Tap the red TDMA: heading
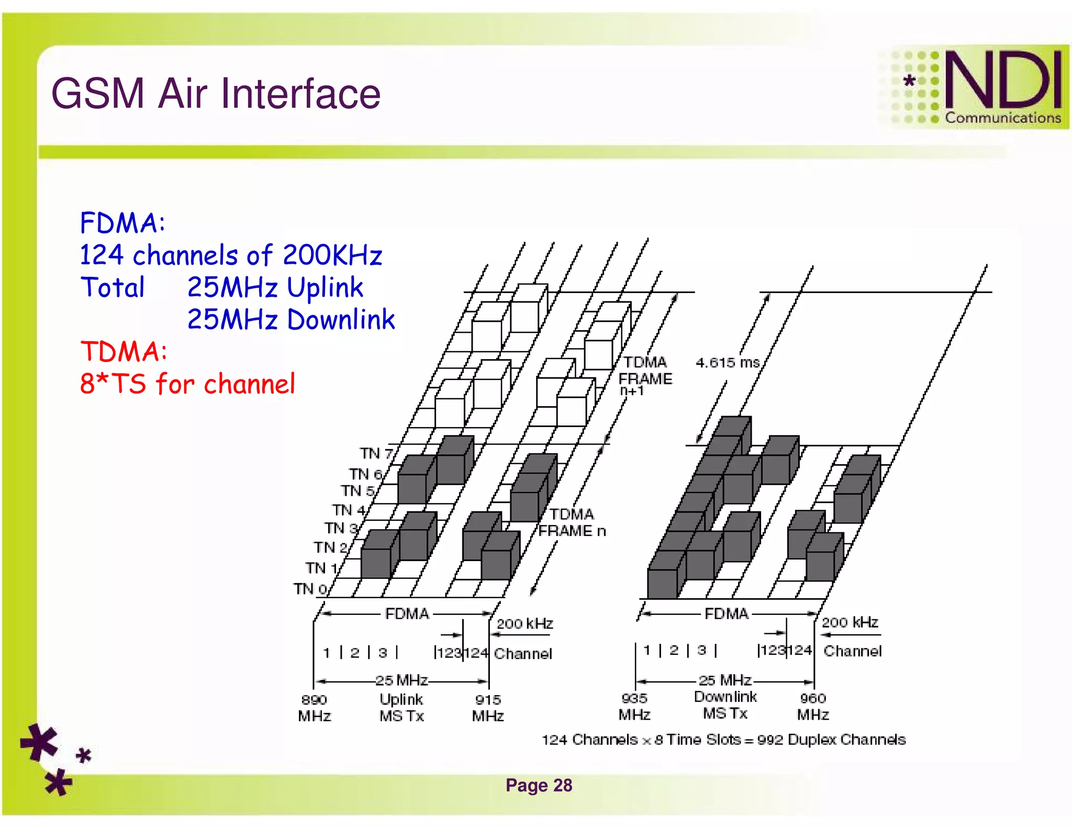(x=124, y=351)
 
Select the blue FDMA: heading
(x=122, y=223)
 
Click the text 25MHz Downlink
(x=291, y=320)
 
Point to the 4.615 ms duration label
(x=727, y=362)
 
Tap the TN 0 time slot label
(x=309, y=589)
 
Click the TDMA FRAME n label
(x=572, y=522)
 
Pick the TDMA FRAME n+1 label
(x=644, y=376)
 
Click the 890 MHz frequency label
(x=314, y=708)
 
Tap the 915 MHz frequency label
(x=488, y=708)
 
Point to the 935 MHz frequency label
(x=634, y=707)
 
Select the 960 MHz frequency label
(x=813, y=707)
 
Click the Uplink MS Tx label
(x=401, y=708)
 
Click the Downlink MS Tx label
(x=725, y=705)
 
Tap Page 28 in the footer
(x=539, y=785)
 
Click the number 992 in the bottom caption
(x=769, y=740)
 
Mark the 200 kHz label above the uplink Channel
(x=524, y=623)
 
